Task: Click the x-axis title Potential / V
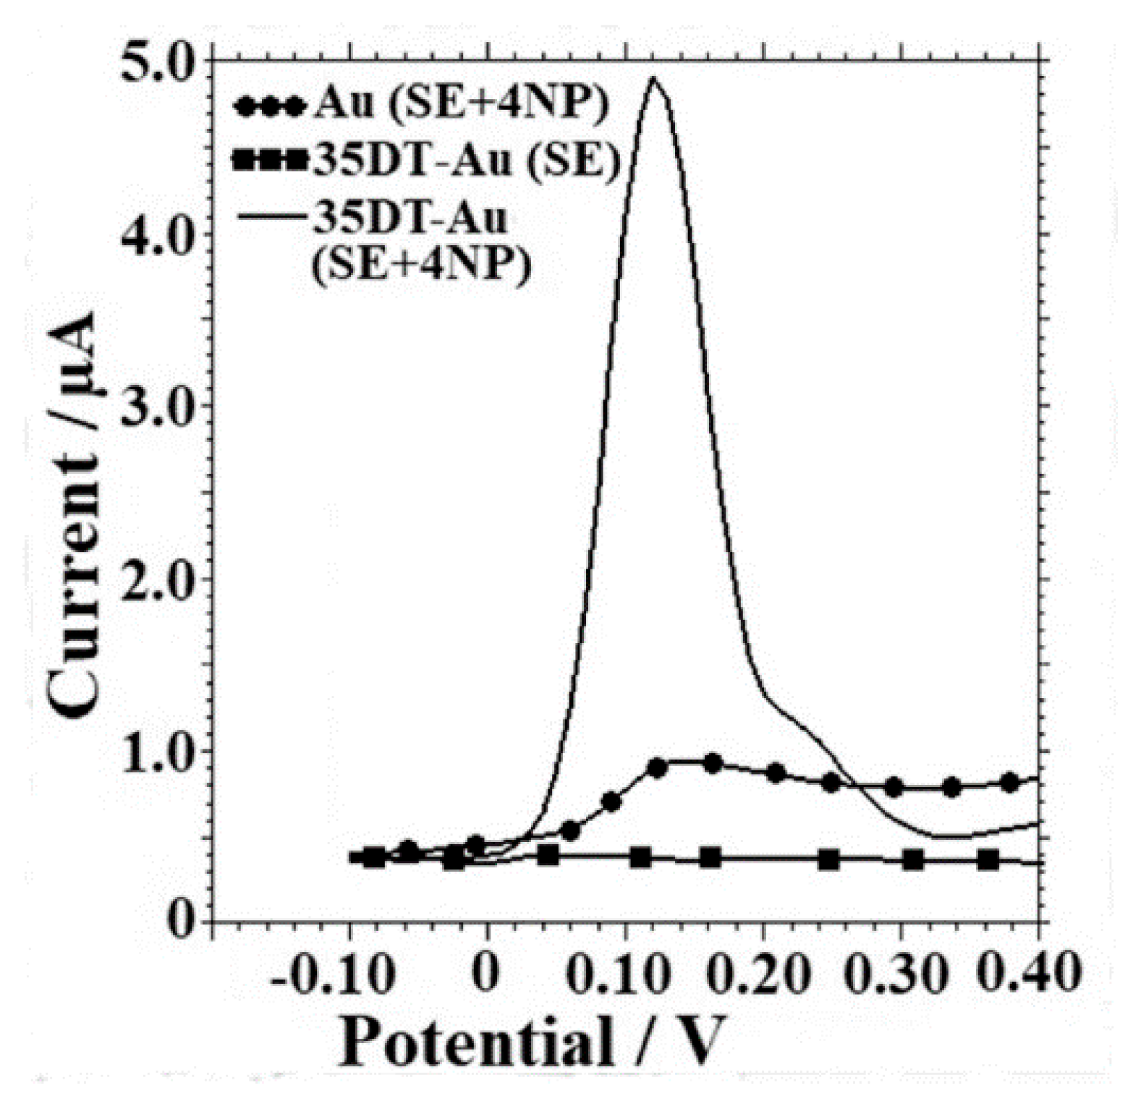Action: tap(532, 1042)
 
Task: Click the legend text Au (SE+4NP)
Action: tap(462, 105)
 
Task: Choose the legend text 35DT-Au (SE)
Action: tap(466, 161)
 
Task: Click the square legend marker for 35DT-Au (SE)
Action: tap(270, 161)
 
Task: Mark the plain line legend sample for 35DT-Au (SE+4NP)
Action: tap(270, 215)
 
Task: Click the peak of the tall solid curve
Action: tap(654, 77)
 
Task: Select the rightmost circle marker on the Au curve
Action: tap(1010, 782)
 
